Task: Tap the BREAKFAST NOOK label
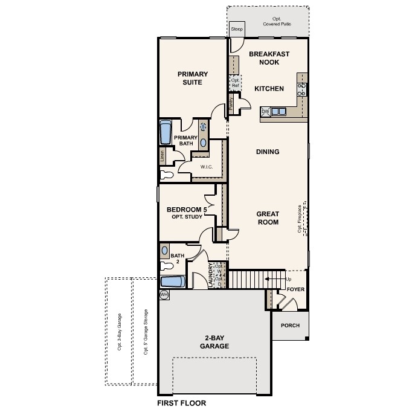pos(269,57)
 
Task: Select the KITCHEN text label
pos(269,89)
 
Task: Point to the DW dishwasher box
pos(265,111)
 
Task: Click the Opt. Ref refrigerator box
pos(235,83)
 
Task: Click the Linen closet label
pos(162,156)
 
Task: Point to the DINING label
pos(267,152)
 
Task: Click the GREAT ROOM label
pos(267,217)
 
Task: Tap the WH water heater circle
pos(163,294)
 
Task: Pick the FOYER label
pos(295,289)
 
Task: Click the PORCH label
pos(289,325)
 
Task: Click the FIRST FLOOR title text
pos(181,402)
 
